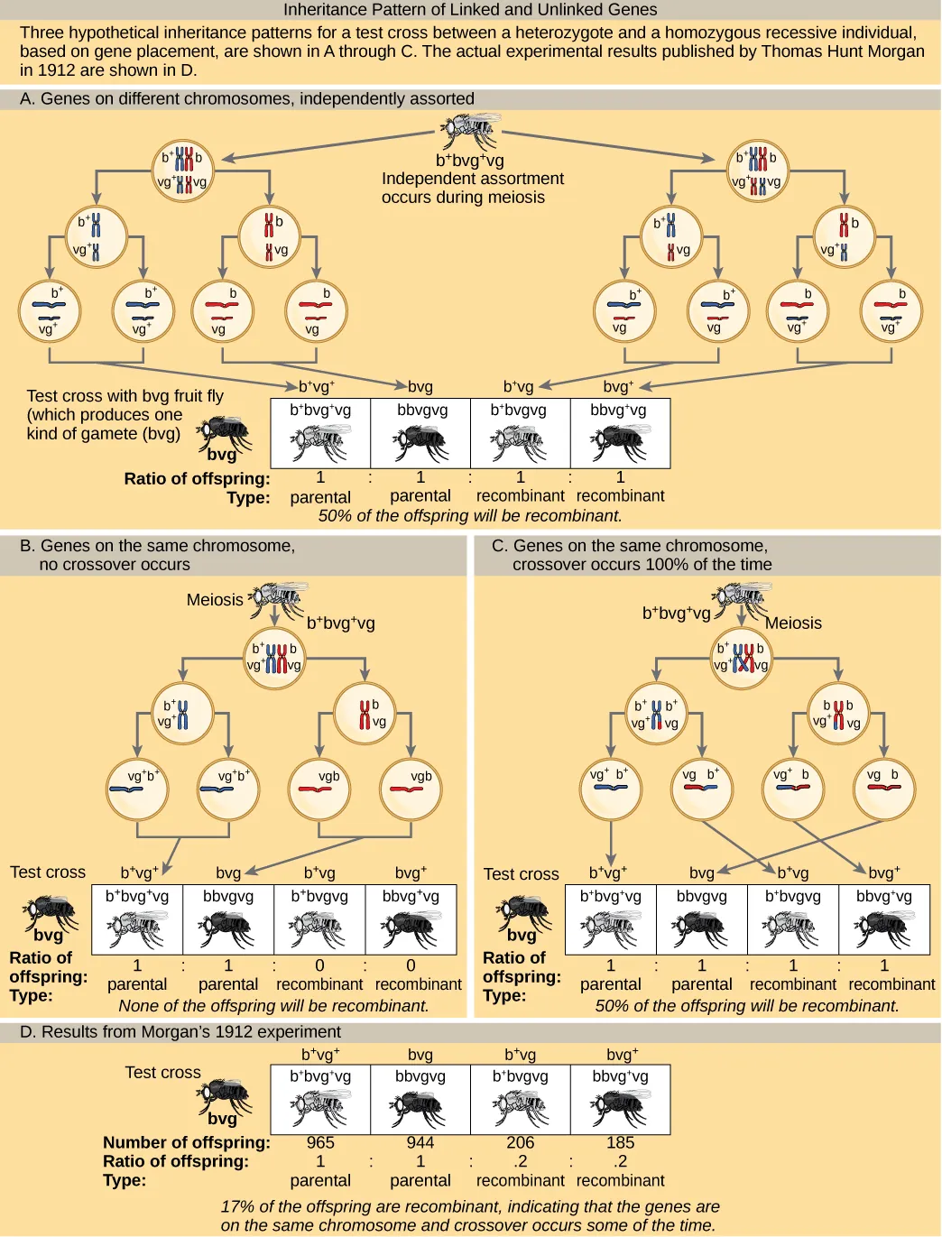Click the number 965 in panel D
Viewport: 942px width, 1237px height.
tap(320, 1142)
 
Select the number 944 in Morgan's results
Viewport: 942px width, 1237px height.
tap(420, 1142)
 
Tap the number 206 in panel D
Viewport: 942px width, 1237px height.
tap(520, 1142)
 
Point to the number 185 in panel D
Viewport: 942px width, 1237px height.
tap(620, 1142)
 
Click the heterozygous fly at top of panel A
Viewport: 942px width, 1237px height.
tap(469, 132)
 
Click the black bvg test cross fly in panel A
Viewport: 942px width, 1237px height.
tap(224, 435)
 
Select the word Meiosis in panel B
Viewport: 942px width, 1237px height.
tap(215, 600)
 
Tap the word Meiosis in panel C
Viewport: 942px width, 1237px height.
tap(793, 623)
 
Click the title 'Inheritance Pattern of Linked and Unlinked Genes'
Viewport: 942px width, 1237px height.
tap(470, 10)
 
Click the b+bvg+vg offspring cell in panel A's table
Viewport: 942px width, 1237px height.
tap(320, 434)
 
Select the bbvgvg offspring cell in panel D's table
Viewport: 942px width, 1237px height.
tap(420, 1100)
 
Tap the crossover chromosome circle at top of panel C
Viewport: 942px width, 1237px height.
tap(741, 659)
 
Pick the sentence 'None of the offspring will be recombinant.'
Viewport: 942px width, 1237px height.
tap(273, 1005)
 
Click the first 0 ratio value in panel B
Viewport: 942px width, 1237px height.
tap(319, 965)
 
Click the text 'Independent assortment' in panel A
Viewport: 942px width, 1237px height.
tap(472, 179)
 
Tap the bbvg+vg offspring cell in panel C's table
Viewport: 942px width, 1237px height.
tap(883, 919)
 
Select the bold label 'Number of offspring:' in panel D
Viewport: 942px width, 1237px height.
tap(187, 1142)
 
